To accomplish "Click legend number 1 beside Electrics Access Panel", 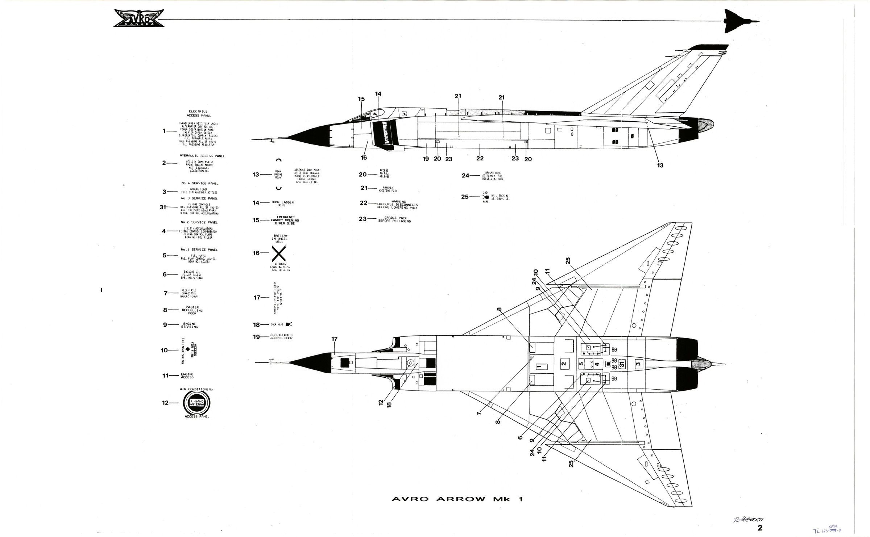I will point(165,131).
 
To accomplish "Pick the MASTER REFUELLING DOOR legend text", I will point(192,310).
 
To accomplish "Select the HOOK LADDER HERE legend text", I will point(282,203).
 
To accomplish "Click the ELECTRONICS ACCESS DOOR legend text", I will point(281,337).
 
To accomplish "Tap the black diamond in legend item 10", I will point(187,350).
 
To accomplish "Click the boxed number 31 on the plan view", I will point(621,364).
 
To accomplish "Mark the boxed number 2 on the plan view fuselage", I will point(563,364).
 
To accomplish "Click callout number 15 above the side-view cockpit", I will point(361,99).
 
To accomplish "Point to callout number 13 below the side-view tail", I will point(660,165).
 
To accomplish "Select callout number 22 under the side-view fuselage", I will point(480,158).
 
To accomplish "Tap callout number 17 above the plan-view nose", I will point(334,339).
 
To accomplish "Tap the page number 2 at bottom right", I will point(760,528).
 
